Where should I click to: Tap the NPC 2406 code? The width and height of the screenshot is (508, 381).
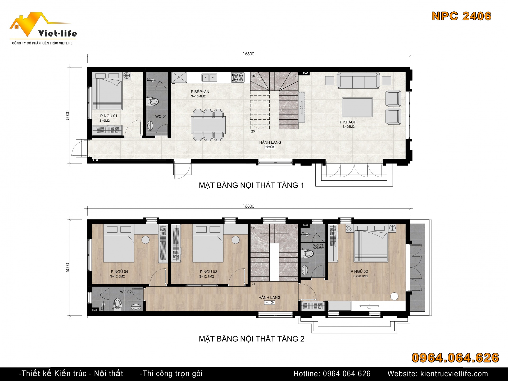[461, 16]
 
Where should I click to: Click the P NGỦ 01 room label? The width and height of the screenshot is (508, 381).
[108, 116]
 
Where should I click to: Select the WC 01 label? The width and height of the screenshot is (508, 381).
[161, 116]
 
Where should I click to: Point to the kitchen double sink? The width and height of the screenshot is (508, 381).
[209, 77]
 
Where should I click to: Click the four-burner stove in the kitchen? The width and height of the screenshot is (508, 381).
[237, 77]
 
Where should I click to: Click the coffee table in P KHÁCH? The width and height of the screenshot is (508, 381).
[357, 107]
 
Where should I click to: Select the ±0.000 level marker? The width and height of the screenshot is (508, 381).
[270, 147]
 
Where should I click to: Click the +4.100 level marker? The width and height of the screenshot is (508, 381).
[270, 302]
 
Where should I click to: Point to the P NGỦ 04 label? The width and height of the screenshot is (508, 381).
[119, 272]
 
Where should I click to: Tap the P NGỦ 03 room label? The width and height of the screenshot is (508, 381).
[208, 272]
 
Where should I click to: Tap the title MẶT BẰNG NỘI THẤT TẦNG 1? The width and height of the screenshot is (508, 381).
[251, 185]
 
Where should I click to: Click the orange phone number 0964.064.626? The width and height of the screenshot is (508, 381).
[455, 358]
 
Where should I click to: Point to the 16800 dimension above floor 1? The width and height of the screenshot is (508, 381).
[249, 54]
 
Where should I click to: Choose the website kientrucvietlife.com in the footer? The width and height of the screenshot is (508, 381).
[454, 374]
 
